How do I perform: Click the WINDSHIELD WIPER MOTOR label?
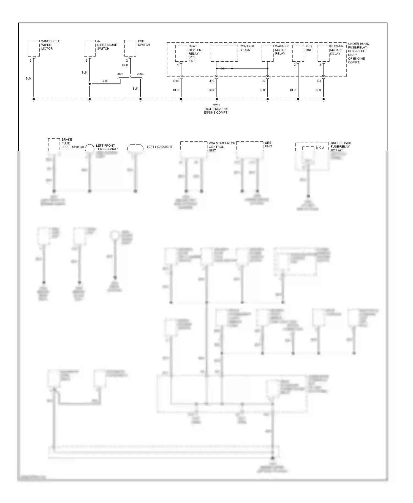[51, 45]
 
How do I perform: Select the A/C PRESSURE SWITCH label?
[107, 45]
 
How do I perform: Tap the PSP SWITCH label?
[144, 43]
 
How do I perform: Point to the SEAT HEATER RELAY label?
[195, 53]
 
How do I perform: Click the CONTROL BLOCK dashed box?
[224, 53]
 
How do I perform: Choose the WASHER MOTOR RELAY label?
[282, 50]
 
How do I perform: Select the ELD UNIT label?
[309, 48]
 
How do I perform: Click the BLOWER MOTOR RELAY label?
[336, 50]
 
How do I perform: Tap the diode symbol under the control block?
[222, 69]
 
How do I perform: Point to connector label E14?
[176, 81]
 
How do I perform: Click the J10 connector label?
[211, 81]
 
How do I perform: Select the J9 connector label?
[263, 81]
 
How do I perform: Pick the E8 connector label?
[319, 81]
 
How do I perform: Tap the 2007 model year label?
[120, 74]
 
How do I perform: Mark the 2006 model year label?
[140, 74]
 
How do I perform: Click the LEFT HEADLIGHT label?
[159, 147]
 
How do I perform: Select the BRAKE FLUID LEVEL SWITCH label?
[72, 143]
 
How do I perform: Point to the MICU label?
[320, 148]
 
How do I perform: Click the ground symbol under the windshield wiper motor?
[34, 100]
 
